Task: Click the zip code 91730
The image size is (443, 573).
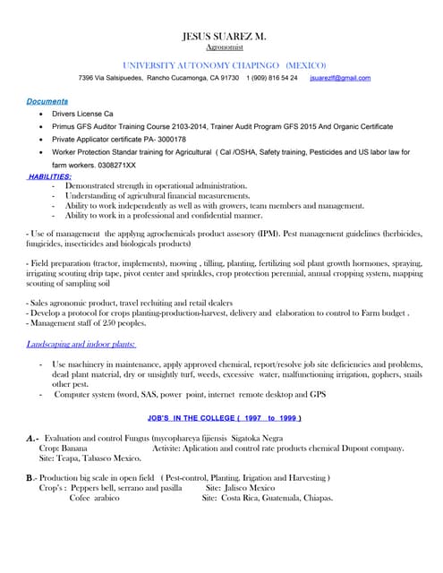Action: (x=228, y=79)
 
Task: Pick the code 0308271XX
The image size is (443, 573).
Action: (x=115, y=166)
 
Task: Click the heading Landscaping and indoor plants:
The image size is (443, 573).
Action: (x=81, y=344)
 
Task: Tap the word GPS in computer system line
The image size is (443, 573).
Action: (x=319, y=394)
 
